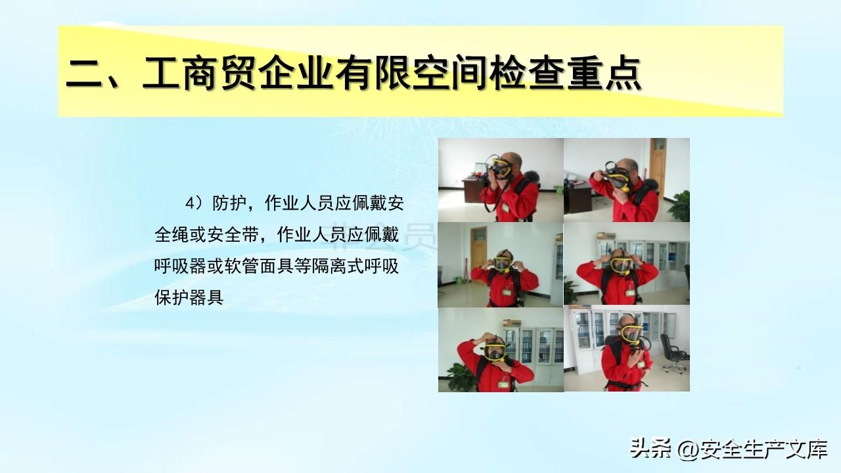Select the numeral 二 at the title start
pyautogui.click(x=85, y=74)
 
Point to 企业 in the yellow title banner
pyautogui.click(x=296, y=73)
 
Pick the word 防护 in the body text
pyautogui.click(x=229, y=204)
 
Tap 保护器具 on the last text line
pyautogui.click(x=189, y=298)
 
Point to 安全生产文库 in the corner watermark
pyautogui.click(x=763, y=449)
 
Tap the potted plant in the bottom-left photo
pyautogui.click(x=461, y=376)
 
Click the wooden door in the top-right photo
pyautogui.click(x=658, y=168)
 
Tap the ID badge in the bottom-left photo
pyautogui.click(x=503, y=384)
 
